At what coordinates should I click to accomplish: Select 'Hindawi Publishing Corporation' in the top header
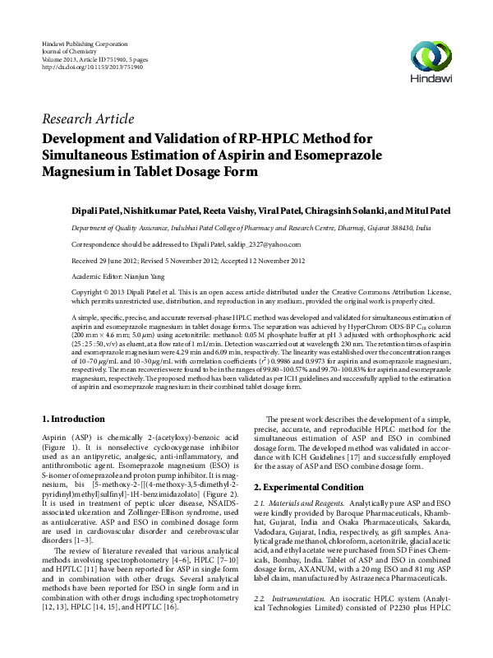point(86,43)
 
